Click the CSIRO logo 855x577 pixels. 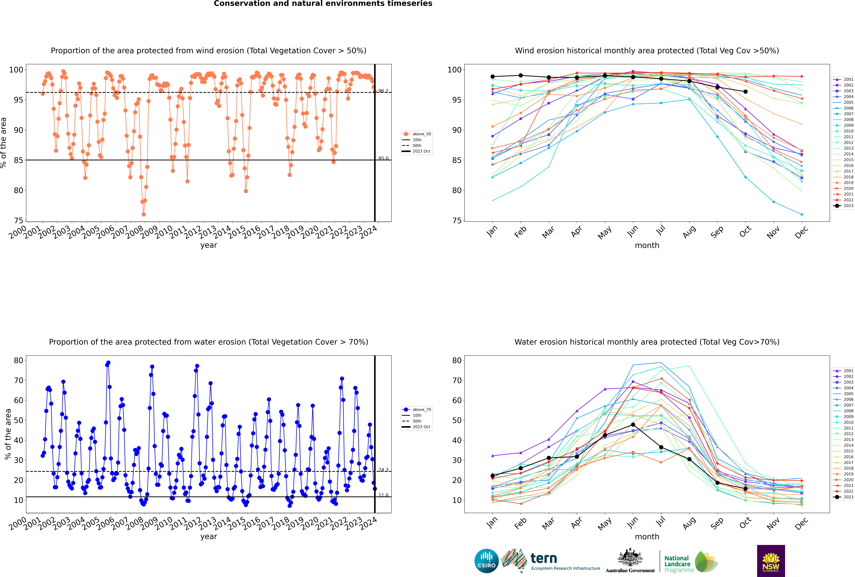click(x=486, y=561)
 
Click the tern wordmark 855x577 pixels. click(x=544, y=559)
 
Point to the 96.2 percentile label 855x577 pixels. click(x=383, y=91)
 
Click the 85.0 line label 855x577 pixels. click(x=383, y=158)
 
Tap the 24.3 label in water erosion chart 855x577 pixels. click(x=383, y=470)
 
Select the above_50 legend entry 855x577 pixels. click(x=417, y=134)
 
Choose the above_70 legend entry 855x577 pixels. click(x=417, y=410)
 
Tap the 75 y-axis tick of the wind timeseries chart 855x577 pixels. click(x=18, y=220)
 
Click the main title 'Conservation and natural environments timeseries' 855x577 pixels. click(x=323, y=4)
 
